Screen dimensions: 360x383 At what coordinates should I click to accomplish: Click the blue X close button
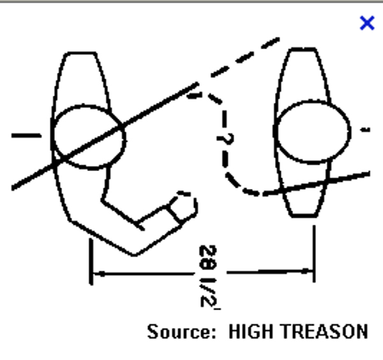point(367,24)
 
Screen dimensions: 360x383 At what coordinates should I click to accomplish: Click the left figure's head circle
point(88,137)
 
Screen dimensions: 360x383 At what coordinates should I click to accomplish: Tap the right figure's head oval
point(312,131)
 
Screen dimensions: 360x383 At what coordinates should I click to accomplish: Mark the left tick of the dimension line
point(93,262)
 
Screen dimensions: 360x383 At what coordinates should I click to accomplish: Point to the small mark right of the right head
point(366,130)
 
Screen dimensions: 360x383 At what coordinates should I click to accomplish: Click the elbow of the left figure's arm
point(134,253)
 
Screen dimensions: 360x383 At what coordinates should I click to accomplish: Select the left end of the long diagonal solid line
point(14,188)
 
